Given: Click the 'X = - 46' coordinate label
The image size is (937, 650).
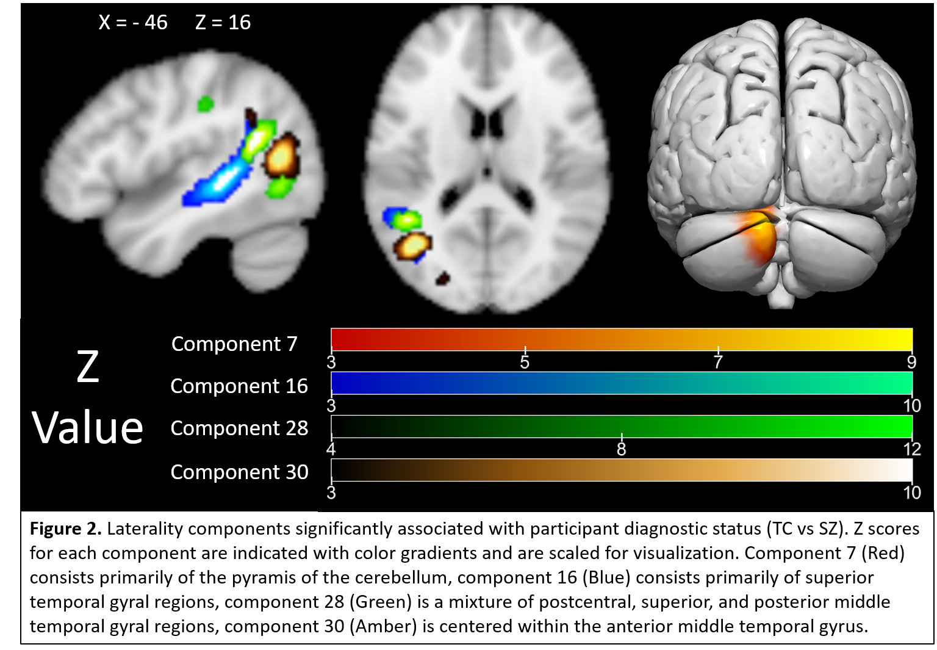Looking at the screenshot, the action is (x=133, y=23).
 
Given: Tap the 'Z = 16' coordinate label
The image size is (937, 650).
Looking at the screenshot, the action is (x=223, y=23).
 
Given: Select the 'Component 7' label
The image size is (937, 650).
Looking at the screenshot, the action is (x=234, y=344).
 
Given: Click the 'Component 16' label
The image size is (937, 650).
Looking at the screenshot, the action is (x=239, y=386).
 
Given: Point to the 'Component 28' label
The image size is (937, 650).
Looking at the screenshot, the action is (x=239, y=428).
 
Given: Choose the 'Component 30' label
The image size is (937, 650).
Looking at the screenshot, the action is (x=239, y=472).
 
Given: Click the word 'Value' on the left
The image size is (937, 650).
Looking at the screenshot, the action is (x=87, y=428).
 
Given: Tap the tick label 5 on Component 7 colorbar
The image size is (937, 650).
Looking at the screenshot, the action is (x=525, y=363).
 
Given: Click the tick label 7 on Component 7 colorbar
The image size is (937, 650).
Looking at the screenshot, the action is (x=718, y=363).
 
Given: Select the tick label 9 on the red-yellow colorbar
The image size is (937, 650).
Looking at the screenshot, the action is (x=911, y=363).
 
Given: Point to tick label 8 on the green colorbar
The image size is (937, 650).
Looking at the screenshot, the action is (x=621, y=450).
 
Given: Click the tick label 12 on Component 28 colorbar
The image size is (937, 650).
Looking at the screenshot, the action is (x=912, y=450).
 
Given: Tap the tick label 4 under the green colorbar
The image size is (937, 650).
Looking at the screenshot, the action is (x=331, y=450).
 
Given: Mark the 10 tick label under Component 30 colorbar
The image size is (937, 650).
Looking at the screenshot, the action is (x=912, y=493).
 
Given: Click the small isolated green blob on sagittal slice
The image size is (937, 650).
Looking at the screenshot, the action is (x=205, y=104).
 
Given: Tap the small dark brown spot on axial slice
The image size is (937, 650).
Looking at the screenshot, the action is (x=442, y=279).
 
